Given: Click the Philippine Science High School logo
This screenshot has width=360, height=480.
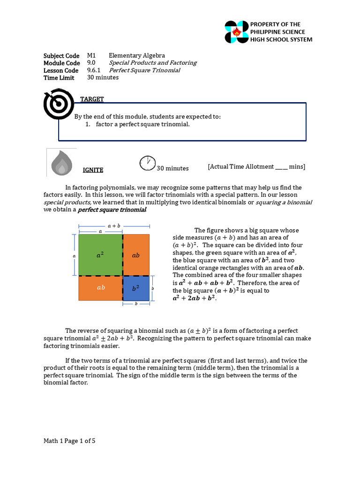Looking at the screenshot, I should [x=236, y=32].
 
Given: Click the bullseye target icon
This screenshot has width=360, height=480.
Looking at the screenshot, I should [x=59, y=104].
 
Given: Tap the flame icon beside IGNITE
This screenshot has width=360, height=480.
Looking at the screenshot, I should [x=61, y=162].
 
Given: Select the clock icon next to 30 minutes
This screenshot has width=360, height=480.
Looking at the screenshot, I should [x=147, y=163].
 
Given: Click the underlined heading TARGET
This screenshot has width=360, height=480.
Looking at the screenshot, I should [x=92, y=99].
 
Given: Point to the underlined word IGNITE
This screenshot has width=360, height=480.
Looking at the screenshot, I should [x=93, y=170].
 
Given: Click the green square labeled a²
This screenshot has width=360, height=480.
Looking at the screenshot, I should [x=100, y=255].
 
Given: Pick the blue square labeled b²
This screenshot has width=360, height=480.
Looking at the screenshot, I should [x=136, y=288].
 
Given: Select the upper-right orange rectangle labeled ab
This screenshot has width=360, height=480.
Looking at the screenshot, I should [x=136, y=255].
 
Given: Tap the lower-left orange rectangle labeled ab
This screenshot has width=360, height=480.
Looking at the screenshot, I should [x=100, y=288].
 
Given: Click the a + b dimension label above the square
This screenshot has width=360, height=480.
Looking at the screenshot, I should [x=114, y=225].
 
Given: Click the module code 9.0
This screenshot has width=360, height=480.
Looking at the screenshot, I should [x=91, y=63].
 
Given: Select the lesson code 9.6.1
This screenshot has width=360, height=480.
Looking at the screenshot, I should [x=94, y=70].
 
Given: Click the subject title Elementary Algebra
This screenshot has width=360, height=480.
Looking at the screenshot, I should [x=136, y=55].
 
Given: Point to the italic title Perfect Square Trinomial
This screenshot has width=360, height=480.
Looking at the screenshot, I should [x=144, y=70].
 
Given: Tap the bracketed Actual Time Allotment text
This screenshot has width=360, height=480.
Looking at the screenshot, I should [x=256, y=166].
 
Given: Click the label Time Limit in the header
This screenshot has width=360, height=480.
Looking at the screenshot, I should [x=59, y=78].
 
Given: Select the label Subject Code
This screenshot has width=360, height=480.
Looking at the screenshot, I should [x=61, y=55].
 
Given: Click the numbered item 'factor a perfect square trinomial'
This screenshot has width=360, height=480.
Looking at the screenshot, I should [x=142, y=124].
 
